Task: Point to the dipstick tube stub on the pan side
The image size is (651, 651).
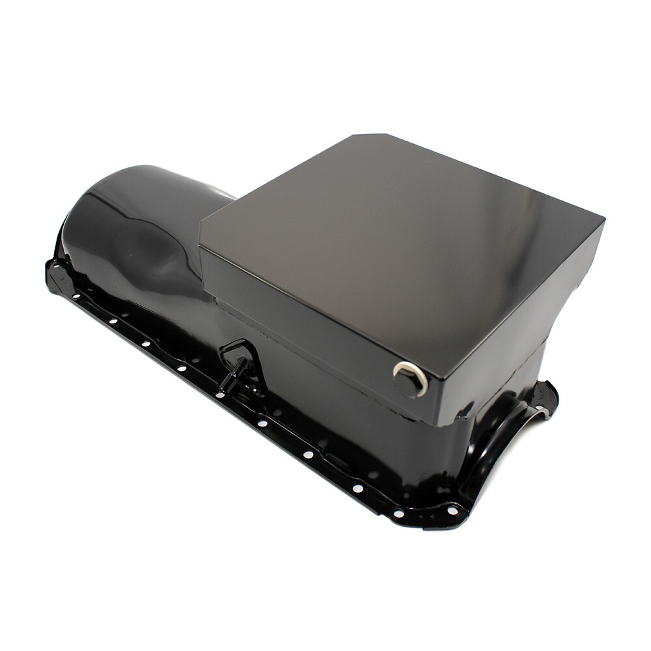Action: pos(232,376)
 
